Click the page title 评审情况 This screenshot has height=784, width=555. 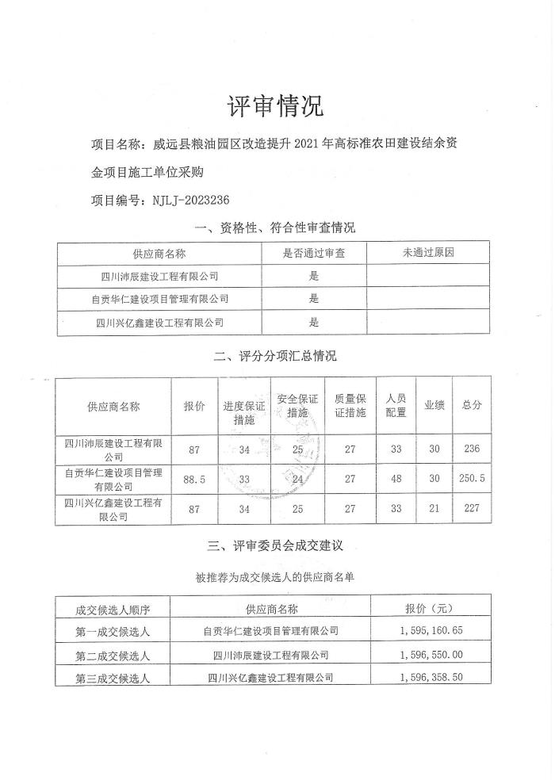point(276,105)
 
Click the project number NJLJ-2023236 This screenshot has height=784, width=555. point(190,200)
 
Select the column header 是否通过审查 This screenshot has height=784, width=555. point(313,253)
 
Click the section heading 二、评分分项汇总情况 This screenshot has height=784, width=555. point(276,356)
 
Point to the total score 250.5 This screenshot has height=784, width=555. point(472,480)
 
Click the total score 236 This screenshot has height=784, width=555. point(472,449)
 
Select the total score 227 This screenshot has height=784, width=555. point(472,508)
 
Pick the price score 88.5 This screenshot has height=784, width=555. point(194,480)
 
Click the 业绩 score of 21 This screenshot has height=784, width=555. point(434,508)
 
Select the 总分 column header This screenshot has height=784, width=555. point(472,405)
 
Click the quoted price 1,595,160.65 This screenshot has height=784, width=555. point(434,631)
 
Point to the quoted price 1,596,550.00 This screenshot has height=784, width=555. point(434,655)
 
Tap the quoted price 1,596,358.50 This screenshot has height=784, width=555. point(434,678)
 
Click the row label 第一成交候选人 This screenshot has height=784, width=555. point(113,632)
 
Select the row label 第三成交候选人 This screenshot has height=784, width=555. point(113,679)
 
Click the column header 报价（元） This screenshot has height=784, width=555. point(434,608)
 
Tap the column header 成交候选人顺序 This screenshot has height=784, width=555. point(113,609)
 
